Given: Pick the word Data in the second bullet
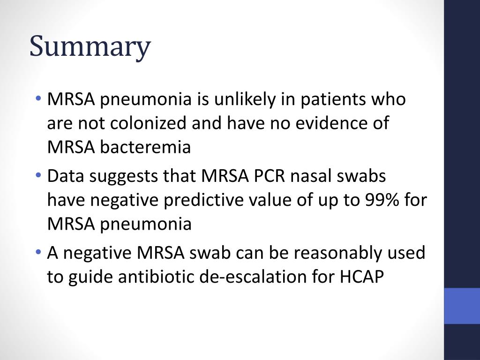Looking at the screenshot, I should pyautogui.click(x=66, y=176).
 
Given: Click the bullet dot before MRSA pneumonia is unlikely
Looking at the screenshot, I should pyautogui.click(x=38, y=99).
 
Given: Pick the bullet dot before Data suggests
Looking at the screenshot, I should pyautogui.click(x=38, y=176).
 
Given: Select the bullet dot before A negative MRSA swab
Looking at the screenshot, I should pyautogui.click(x=38, y=253).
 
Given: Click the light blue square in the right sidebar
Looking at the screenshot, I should pyautogui.click(x=462, y=306).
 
